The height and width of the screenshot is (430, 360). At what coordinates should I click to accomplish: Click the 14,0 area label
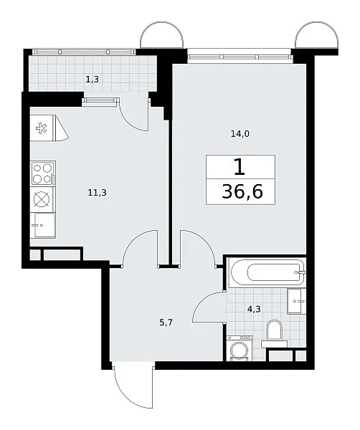(x=240, y=134)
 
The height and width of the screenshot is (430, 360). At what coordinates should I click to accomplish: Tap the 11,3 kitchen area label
(x=97, y=193)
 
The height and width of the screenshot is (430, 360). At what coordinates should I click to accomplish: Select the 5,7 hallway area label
(x=166, y=322)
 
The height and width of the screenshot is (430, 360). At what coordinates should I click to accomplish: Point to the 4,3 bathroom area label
(x=254, y=310)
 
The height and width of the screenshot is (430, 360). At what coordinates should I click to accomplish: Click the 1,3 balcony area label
(x=93, y=80)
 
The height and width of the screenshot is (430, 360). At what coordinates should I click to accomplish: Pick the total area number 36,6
(x=242, y=191)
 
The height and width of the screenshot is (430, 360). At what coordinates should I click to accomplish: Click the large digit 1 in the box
(x=240, y=167)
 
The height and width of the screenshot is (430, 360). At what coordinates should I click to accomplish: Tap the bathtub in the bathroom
(x=267, y=272)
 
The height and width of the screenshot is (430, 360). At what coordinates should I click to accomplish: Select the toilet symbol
(x=275, y=333)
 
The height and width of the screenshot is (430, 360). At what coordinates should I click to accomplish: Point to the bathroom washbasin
(x=296, y=301)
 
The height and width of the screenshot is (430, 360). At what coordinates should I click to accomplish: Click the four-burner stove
(x=43, y=173)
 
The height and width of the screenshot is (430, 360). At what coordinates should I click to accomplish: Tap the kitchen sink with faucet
(x=43, y=225)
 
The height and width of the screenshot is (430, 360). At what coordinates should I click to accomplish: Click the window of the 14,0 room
(x=240, y=57)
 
